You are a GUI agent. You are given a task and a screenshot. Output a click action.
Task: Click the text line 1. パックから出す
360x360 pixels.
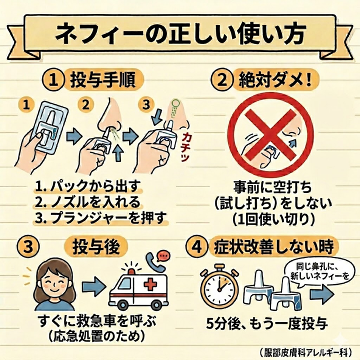click(x=89, y=187)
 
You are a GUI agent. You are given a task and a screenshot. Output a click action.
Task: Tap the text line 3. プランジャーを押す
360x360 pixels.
click(x=100, y=218)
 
